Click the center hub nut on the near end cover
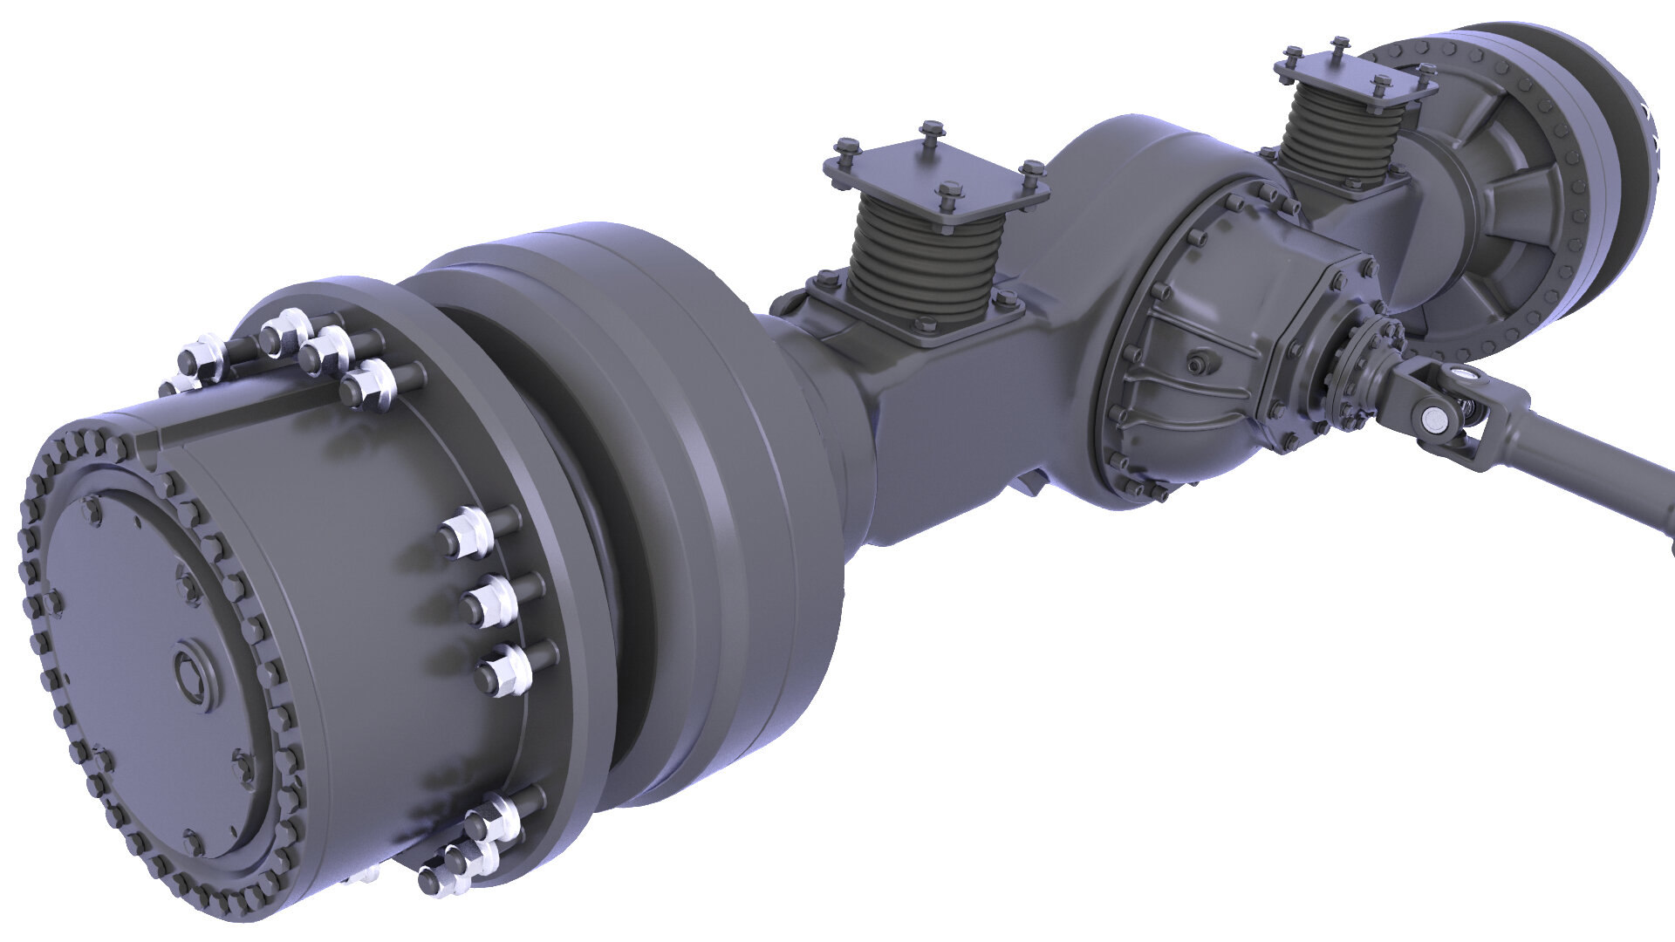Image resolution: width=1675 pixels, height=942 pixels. point(193,669)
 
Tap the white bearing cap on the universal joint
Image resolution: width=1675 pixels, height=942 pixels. point(1432,420)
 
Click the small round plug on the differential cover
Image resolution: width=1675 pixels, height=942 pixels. point(1196,360)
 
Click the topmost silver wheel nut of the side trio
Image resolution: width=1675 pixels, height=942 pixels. point(467,530)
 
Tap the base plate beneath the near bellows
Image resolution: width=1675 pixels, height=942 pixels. point(916,318)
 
